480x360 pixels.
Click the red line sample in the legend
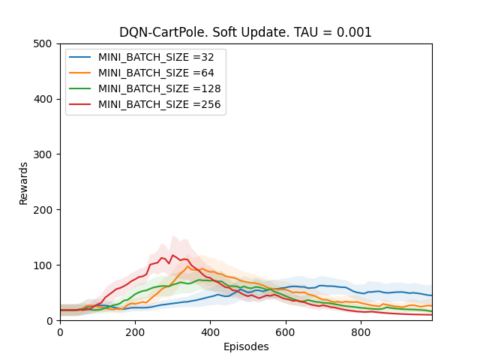click(x=81, y=104)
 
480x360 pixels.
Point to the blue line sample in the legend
click(x=81, y=57)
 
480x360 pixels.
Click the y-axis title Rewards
click(x=24, y=182)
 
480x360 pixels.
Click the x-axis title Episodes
click(x=245, y=347)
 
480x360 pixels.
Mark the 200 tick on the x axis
click(x=135, y=331)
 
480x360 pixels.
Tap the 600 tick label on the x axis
click(x=286, y=331)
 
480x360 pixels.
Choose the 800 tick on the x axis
click(x=361, y=331)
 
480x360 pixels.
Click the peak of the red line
click(x=172, y=255)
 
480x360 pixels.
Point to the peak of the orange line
click(x=188, y=266)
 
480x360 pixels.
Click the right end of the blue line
click(x=431, y=295)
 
